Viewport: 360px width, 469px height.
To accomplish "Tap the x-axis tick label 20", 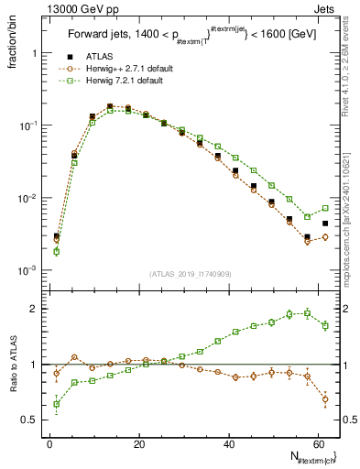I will pos(137,444).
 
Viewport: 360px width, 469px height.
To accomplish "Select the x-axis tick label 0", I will pos(49,444).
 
